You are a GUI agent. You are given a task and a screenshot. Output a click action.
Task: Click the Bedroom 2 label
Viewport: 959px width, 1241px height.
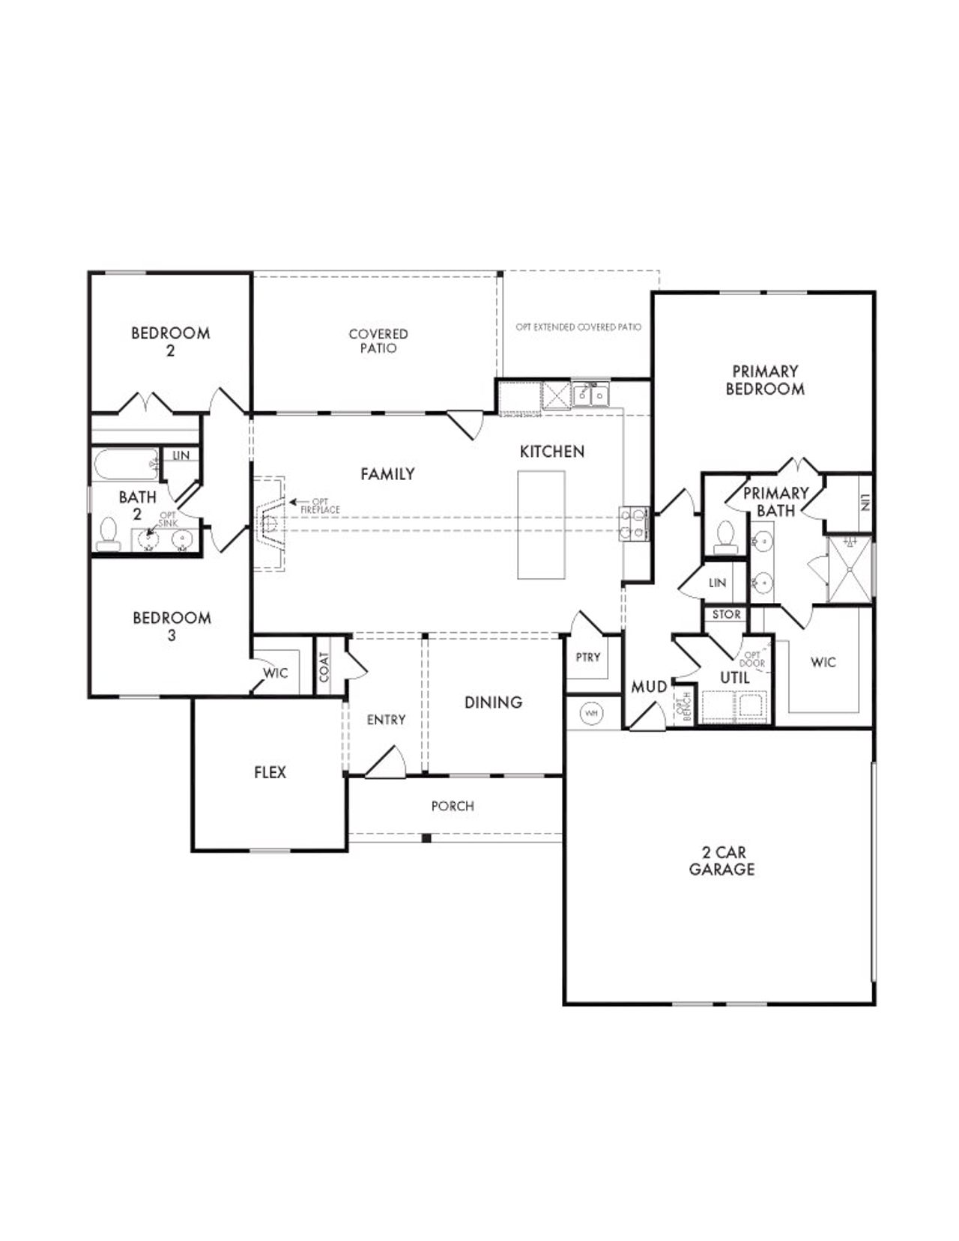pyautogui.click(x=170, y=341)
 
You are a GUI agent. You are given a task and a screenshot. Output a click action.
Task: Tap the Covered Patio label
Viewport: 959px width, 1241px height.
pyautogui.click(x=378, y=341)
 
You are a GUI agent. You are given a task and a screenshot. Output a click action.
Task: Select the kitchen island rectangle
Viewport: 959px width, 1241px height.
pyautogui.click(x=541, y=524)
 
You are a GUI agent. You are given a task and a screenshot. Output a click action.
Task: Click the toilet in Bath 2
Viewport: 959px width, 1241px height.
pyautogui.click(x=109, y=534)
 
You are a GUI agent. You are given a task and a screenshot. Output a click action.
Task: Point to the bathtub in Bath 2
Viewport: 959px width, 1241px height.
pyautogui.click(x=125, y=464)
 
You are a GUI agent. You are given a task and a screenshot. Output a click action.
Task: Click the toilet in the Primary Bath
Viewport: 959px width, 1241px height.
pyautogui.click(x=725, y=538)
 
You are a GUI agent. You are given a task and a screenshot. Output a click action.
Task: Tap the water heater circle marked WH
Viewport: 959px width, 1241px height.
pyautogui.click(x=592, y=713)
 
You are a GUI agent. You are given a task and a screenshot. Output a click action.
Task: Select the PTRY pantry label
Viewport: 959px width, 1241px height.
pyautogui.click(x=588, y=657)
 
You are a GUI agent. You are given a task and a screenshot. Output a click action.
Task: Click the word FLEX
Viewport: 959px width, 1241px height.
pyautogui.click(x=270, y=772)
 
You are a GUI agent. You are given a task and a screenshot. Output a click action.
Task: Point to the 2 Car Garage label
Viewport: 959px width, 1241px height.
pyautogui.click(x=721, y=861)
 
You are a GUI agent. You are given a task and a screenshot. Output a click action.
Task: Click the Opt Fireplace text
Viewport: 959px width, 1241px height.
pyautogui.click(x=320, y=506)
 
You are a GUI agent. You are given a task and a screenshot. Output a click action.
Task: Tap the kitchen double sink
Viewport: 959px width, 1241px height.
pyautogui.click(x=591, y=394)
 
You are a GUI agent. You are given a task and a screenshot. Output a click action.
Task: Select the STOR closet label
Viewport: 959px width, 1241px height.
pyautogui.click(x=726, y=614)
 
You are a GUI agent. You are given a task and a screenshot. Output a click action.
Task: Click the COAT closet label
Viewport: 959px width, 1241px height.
pyautogui.click(x=324, y=666)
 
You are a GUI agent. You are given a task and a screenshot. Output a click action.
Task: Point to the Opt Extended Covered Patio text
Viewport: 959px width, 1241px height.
pyautogui.click(x=578, y=327)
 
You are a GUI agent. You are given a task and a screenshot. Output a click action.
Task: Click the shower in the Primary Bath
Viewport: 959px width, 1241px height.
pyautogui.click(x=850, y=568)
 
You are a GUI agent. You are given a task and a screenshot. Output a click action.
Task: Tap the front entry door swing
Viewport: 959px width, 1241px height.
pyautogui.click(x=387, y=760)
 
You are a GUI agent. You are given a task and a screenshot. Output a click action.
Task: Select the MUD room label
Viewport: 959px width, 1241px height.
pyautogui.click(x=649, y=687)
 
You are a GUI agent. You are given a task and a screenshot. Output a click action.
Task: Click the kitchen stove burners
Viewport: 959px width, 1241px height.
pyautogui.click(x=633, y=524)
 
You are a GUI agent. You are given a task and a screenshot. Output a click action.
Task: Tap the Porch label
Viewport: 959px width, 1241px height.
pyautogui.click(x=453, y=806)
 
